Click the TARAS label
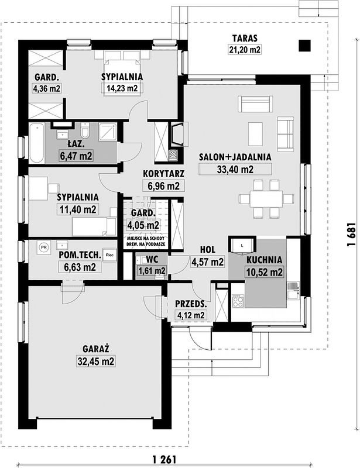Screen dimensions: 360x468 245,39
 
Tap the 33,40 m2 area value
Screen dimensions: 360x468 235,170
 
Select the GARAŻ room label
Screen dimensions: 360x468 96,349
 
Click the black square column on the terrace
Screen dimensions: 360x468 304,46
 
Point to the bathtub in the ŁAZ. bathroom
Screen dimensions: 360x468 37,143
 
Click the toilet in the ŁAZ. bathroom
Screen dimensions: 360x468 85,130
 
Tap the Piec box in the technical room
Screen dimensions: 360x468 109,255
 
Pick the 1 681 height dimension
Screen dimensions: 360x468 351,235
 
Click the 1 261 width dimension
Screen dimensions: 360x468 164,459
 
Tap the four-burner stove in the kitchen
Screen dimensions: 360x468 238,301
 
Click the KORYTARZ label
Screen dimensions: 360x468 163,174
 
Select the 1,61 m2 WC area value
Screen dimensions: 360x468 152,271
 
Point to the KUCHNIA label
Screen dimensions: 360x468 265,260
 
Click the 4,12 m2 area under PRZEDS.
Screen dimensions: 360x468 191,315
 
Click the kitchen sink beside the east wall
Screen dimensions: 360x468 293,290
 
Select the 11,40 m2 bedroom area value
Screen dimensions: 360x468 78,209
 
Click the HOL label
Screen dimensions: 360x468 208,250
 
